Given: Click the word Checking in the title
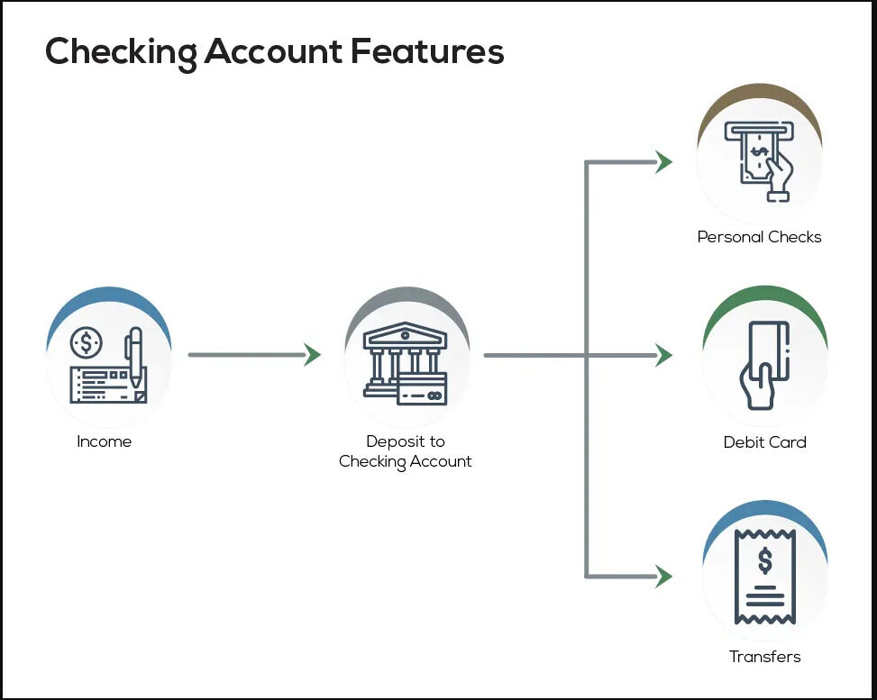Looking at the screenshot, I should pos(121,52).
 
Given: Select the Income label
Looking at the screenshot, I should pos(105,441).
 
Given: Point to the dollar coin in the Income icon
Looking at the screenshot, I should pos(87,342).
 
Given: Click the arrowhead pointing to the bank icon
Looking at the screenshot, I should pos(312,355).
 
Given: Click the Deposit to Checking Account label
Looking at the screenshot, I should pos(406,451).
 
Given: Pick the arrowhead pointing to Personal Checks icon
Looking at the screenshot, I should pos(664,162).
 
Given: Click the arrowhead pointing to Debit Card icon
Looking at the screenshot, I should pos(664,355).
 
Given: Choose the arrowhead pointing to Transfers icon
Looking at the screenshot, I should pos(664,576).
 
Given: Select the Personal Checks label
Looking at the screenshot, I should pos(759,237).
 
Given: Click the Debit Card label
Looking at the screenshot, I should pos(764,442).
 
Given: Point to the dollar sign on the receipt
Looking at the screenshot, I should pos(764,560).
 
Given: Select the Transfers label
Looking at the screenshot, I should pos(764,657).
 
